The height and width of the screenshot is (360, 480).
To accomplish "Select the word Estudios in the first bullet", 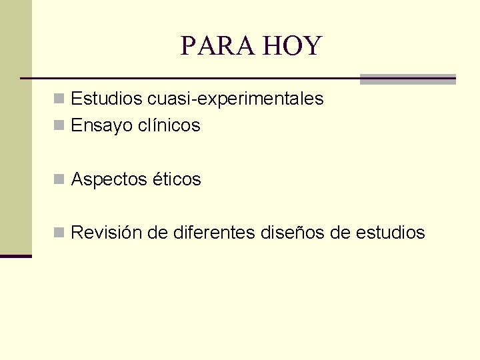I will pos(107,99).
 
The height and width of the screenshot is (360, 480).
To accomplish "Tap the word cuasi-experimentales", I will pos(235,99).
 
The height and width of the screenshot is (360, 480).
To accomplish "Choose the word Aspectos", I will pos(109,179).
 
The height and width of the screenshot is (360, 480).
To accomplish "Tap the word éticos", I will pos(177,179).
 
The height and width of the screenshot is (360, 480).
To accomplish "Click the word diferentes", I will pos(214,233).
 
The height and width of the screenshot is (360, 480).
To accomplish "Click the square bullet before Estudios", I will pos(61,100).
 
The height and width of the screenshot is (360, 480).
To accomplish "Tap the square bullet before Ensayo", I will pos(61,126).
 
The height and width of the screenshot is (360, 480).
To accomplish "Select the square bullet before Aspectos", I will pos(61,180).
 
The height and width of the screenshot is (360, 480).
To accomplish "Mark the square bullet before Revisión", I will pos(61,233).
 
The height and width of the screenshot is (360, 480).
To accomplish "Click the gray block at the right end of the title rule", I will pos(407,79).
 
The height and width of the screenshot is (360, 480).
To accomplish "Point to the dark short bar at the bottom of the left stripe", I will pos(15,256).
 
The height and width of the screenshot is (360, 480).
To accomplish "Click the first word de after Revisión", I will pos(158,233).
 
